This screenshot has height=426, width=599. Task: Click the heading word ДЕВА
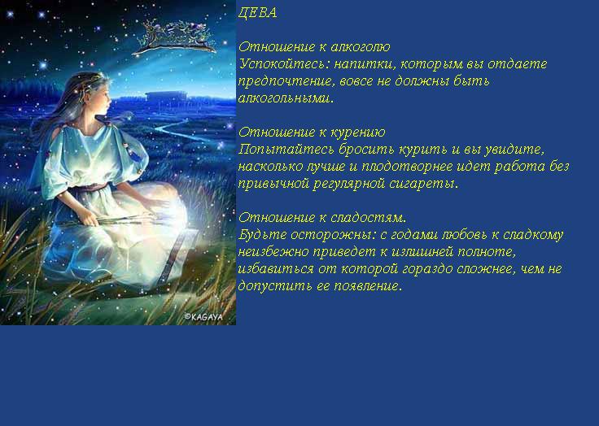(x=257, y=13)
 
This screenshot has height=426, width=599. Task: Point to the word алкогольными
(x=286, y=98)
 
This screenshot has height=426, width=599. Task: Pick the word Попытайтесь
(x=286, y=150)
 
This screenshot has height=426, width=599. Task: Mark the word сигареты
(x=423, y=184)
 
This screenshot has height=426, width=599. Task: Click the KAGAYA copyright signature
(x=203, y=317)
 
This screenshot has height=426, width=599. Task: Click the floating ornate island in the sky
(x=176, y=37)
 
